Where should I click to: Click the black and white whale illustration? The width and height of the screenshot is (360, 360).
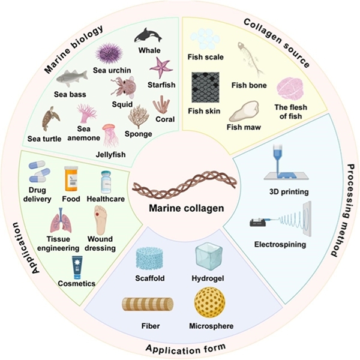148,35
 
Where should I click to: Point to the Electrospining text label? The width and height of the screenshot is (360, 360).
287,245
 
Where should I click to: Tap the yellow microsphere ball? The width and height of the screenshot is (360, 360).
211,304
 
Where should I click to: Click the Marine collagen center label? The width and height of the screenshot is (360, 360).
180,210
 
